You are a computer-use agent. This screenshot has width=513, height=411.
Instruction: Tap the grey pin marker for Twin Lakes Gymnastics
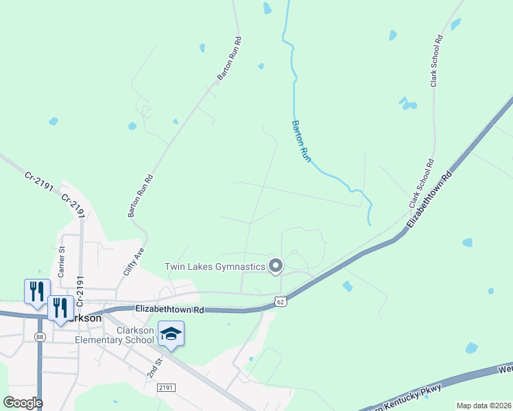[276, 266]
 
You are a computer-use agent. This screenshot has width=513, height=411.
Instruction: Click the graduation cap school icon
[171, 334]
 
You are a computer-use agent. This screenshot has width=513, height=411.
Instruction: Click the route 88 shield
[40, 336]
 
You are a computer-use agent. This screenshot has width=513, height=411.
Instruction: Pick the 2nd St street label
[154, 367]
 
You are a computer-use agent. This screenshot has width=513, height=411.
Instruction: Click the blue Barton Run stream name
[302, 140]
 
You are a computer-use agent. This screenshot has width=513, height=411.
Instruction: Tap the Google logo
[23, 402]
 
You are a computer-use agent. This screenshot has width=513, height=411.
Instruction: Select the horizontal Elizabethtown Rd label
[170, 310]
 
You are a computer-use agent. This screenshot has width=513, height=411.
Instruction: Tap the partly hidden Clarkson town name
[86, 319]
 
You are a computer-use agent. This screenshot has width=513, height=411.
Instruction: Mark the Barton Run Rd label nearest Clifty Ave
[141, 196]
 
